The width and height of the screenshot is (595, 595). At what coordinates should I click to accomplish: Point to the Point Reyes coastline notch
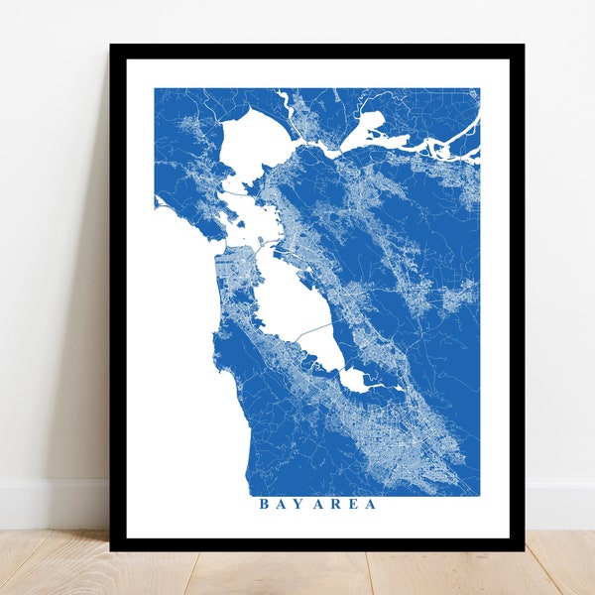[x=158, y=202]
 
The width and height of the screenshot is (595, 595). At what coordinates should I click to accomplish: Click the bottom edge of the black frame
[x=317, y=544]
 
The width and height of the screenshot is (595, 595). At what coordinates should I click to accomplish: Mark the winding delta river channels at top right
[x=436, y=149]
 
